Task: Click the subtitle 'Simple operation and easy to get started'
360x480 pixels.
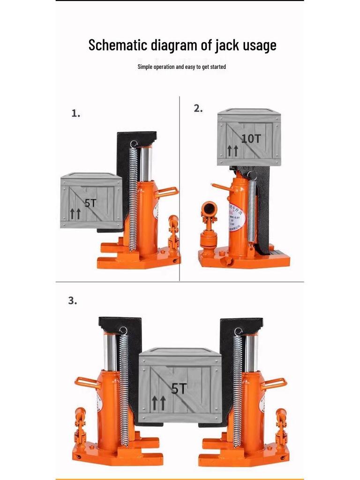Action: (x=181, y=67)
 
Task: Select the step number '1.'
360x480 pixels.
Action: (x=75, y=113)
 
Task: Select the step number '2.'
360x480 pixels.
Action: (x=198, y=108)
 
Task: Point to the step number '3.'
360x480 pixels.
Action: (x=72, y=301)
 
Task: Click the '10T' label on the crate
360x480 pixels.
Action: (x=251, y=139)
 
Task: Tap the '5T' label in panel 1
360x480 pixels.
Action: (x=90, y=203)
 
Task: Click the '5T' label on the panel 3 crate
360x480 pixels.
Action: (x=178, y=388)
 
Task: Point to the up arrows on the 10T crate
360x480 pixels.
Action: (x=233, y=150)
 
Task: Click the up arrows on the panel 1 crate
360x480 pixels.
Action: (x=75, y=214)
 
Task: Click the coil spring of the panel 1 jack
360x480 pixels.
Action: (x=133, y=197)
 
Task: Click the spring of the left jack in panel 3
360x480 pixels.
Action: (x=124, y=389)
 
